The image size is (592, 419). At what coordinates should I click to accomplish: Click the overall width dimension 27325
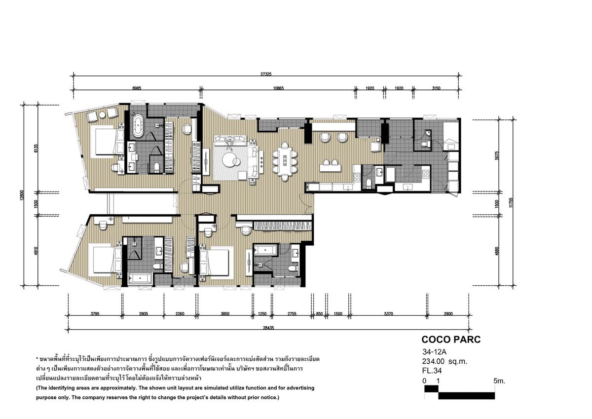click(266, 75)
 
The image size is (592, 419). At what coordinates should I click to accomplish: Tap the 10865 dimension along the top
click(278, 88)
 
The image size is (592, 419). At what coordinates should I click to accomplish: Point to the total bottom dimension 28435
click(268, 328)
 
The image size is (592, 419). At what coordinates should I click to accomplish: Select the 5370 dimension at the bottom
click(389, 314)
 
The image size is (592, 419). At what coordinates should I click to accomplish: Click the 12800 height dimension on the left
click(22, 195)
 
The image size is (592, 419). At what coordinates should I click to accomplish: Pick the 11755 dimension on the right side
click(511, 202)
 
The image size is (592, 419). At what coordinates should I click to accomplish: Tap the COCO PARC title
click(451, 340)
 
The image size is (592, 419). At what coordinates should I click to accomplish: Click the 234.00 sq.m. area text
click(445, 361)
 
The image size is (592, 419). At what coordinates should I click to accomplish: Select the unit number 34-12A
click(434, 352)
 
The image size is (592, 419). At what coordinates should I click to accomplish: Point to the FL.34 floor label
click(432, 371)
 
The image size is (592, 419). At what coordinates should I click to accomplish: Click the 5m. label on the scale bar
click(499, 381)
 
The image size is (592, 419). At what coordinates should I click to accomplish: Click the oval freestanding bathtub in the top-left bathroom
click(138, 125)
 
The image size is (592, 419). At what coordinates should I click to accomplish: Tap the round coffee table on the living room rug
click(230, 160)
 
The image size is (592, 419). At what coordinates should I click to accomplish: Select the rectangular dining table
click(285, 161)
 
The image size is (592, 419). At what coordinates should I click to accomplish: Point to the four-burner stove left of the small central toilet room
click(357, 177)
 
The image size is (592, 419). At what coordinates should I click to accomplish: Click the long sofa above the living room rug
click(230, 140)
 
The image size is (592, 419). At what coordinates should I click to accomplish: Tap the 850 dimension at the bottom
click(319, 314)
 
